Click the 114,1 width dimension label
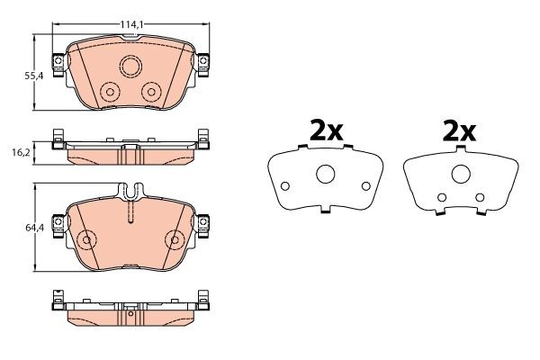tap(131, 24)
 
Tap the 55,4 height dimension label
tap(34, 76)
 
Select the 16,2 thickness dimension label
tap(22, 152)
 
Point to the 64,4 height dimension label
tap(34, 228)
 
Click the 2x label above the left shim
tap(326, 130)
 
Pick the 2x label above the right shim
tap(459, 130)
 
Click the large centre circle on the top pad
tap(130, 66)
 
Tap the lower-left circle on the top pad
tap(110, 92)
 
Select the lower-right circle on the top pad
tap(151, 92)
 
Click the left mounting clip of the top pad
tap(58, 65)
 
